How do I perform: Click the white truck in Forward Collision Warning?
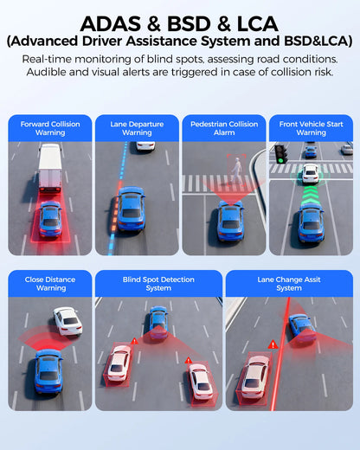49,168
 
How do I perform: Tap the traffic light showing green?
280,154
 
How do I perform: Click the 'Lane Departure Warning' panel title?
137,128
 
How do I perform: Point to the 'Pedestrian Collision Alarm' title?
224,128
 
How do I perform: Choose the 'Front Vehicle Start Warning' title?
311,128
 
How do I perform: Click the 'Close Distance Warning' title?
50,284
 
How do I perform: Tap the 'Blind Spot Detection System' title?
158,284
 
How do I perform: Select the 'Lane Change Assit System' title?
289,284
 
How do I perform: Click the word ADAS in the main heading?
111,23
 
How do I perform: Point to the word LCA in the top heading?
257,23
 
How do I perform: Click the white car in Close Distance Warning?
68,321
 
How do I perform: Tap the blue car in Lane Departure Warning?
131,209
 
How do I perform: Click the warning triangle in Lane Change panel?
273,344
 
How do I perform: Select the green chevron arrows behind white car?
310,196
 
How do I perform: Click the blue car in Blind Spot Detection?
157,322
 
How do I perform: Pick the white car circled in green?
310,174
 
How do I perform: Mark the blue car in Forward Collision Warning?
51,219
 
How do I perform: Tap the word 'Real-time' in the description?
47,59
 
